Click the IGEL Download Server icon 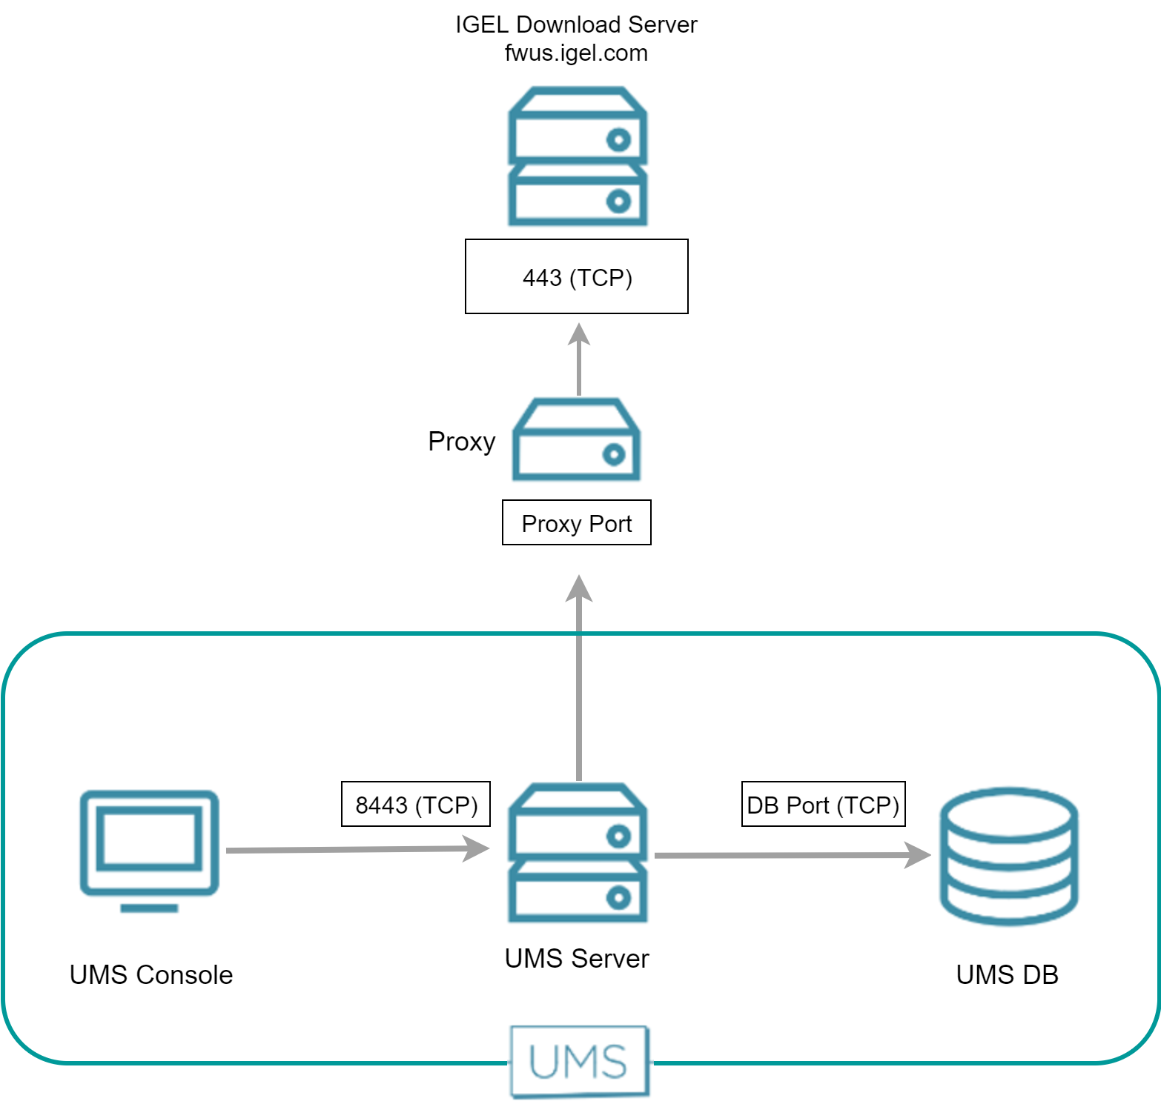tap(577, 156)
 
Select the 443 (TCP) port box tap(577, 276)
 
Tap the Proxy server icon tap(576, 440)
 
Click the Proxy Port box tap(577, 523)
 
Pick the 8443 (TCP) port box tap(416, 804)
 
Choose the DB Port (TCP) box tap(823, 804)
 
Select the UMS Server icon tap(577, 853)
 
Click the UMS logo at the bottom tap(579, 1061)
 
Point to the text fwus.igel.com tap(576, 53)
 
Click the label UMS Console tap(151, 974)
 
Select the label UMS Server tap(577, 958)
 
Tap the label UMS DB tap(1007, 974)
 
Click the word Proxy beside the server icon tap(461, 442)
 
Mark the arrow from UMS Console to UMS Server tap(356, 849)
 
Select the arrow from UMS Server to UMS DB tap(790, 855)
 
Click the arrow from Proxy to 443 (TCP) tap(579, 359)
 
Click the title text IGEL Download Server tap(576, 24)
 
